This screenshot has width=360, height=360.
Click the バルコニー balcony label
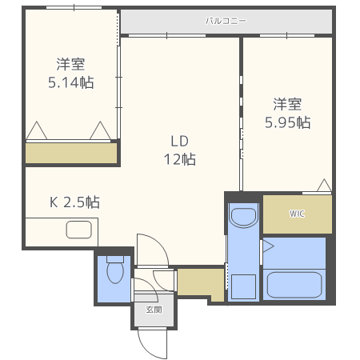click(x=226, y=21)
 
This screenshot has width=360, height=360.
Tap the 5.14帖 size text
click(x=70, y=82)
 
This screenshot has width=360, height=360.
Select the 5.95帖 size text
click(x=288, y=122)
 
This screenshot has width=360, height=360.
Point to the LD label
click(x=178, y=141)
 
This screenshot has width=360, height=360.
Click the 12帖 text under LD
click(x=178, y=158)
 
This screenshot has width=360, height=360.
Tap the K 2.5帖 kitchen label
click(x=75, y=202)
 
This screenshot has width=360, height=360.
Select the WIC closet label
click(x=297, y=214)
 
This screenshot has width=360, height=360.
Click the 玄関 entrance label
click(x=153, y=309)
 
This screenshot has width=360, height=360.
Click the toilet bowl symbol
click(x=115, y=272)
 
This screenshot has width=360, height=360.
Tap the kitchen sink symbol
click(x=80, y=230)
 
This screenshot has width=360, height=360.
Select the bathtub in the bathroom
click(x=293, y=284)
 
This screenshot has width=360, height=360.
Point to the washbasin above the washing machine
click(x=242, y=217)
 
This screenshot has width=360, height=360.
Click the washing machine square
click(x=242, y=286)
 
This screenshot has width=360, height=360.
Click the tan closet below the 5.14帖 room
click(x=70, y=153)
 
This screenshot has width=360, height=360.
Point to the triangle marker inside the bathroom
click(x=268, y=245)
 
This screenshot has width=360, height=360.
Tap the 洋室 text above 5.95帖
click(x=288, y=104)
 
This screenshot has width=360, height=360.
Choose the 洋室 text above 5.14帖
click(x=70, y=64)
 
